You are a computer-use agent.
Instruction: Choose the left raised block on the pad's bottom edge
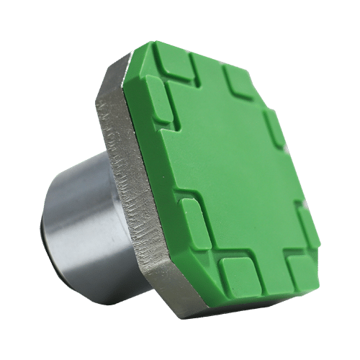tap(237, 277)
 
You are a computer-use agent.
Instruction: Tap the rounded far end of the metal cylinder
tap(54, 230)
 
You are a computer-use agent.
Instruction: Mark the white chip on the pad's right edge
tap(287, 148)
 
